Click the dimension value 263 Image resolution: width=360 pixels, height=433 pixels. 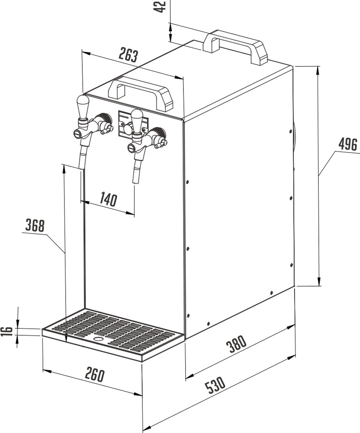click(128, 55)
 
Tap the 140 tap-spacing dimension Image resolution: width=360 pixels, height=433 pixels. click(109, 199)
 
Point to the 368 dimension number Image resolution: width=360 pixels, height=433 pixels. click(35, 225)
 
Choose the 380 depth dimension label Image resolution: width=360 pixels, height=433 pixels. click(236, 344)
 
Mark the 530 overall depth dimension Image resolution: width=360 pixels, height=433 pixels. click(215, 385)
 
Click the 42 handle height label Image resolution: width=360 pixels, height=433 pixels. click(160, 6)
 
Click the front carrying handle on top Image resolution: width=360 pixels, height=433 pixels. click(141, 93)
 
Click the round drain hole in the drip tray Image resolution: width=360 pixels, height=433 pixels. click(99, 339)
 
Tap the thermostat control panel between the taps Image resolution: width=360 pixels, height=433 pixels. click(133, 124)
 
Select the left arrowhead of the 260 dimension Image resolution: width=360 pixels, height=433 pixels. click(47, 371)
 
